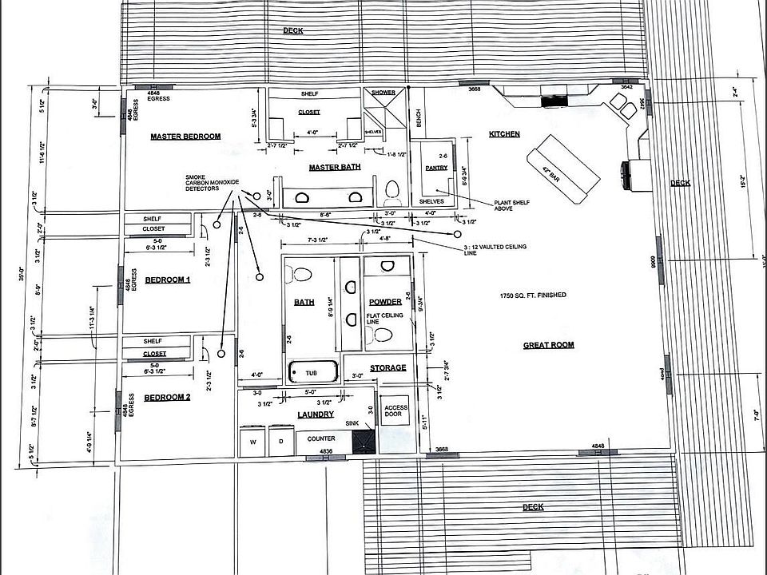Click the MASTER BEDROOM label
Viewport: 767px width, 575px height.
[x=185, y=137]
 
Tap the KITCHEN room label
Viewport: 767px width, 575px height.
[x=504, y=134]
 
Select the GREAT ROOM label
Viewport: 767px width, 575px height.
[x=548, y=345]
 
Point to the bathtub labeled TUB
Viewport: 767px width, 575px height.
[x=310, y=373]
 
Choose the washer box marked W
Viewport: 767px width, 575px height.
[x=253, y=440]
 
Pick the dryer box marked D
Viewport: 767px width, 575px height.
[x=280, y=440]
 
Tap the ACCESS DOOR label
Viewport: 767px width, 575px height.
[x=395, y=411]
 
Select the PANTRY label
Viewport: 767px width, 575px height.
[x=436, y=168]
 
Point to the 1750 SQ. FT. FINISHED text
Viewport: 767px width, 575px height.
[x=531, y=295]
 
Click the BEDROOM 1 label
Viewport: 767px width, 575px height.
[x=167, y=280]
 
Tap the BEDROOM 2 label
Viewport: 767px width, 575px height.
[x=167, y=398]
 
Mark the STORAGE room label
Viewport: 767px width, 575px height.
[x=388, y=368]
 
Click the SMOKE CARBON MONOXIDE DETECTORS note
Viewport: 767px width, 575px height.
[x=212, y=182]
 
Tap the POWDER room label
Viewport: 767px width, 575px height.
[x=385, y=302]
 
